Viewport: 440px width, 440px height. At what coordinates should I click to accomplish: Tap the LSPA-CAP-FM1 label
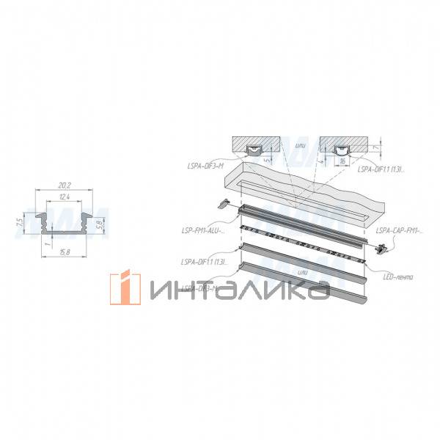[398, 231]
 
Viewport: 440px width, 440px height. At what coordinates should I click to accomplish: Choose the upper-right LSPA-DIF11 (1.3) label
[380, 169]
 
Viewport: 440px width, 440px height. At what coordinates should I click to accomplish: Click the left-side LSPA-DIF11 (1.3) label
[203, 260]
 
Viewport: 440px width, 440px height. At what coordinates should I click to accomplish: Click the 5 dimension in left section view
[274, 154]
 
